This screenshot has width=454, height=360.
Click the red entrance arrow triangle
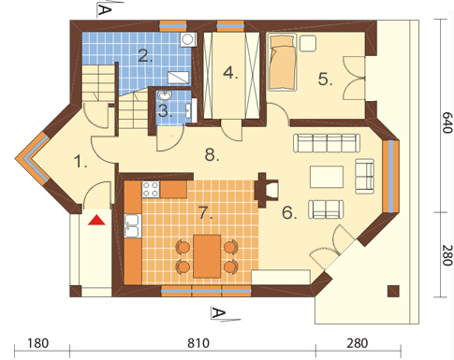click(96, 220)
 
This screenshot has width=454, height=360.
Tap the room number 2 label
click(145, 56)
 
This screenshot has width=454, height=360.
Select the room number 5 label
click(325, 79)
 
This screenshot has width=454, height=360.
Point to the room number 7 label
click(205, 213)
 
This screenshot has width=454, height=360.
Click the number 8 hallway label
click(212, 155)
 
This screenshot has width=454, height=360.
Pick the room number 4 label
click(230, 73)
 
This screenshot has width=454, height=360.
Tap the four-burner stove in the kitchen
click(151, 189)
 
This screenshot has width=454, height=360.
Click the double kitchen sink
click(132, 226)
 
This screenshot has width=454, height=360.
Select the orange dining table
click(207, 256)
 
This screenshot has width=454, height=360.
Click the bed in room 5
click(282, 63)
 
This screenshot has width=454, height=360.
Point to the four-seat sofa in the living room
click(327, 143)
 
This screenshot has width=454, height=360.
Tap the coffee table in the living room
click(327, 177)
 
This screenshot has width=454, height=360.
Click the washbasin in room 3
click(165, 95)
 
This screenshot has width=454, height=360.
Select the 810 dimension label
click(198, 343)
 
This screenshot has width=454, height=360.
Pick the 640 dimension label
click(447, 122)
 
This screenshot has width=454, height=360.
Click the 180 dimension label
click(38, 343)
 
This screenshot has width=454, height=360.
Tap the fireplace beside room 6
click(266, 190)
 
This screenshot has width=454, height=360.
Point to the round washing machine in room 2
click(188, 39)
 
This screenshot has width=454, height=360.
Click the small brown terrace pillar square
click(393, 291)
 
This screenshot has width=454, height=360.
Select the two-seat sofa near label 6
click(326, 209)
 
